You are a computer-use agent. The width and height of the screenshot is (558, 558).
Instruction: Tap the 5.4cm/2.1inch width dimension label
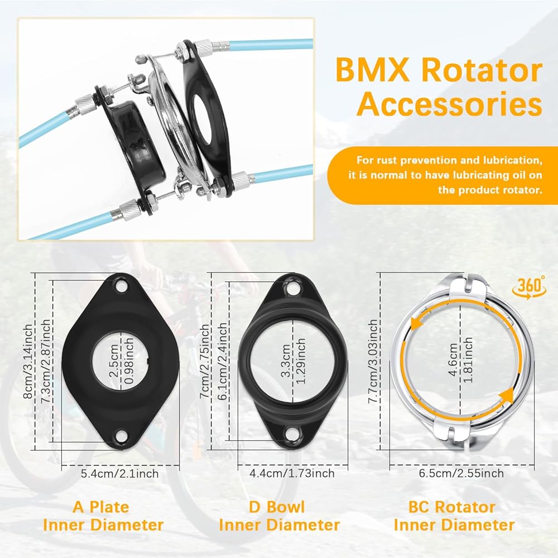tap(119, 474)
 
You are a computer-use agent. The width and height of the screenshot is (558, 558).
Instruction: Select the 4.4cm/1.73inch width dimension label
tap(292, 473)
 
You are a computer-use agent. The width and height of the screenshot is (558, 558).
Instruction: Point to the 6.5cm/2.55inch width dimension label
tap(461, 473)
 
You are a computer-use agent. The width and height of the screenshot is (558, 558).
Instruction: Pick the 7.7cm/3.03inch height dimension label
tap(373, 361)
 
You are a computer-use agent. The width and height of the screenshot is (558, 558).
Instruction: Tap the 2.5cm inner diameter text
tap(113, 360)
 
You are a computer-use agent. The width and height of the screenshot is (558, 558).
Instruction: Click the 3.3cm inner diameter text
tap(286, 360)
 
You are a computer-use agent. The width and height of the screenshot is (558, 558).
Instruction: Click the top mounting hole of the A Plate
tap(122, 285)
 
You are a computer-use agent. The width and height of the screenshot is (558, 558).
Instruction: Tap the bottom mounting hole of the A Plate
tap(122, 435)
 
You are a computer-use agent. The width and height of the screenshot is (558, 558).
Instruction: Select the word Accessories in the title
tap(449, 104)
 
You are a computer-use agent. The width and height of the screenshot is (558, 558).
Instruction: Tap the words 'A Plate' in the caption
tap(100, 507)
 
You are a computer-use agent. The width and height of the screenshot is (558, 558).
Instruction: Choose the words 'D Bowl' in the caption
tap(277, 507)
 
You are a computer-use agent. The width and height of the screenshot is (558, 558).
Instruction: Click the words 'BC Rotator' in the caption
tap(451, 507)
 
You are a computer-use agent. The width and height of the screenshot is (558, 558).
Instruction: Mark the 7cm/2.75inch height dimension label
tap(204, 362)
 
